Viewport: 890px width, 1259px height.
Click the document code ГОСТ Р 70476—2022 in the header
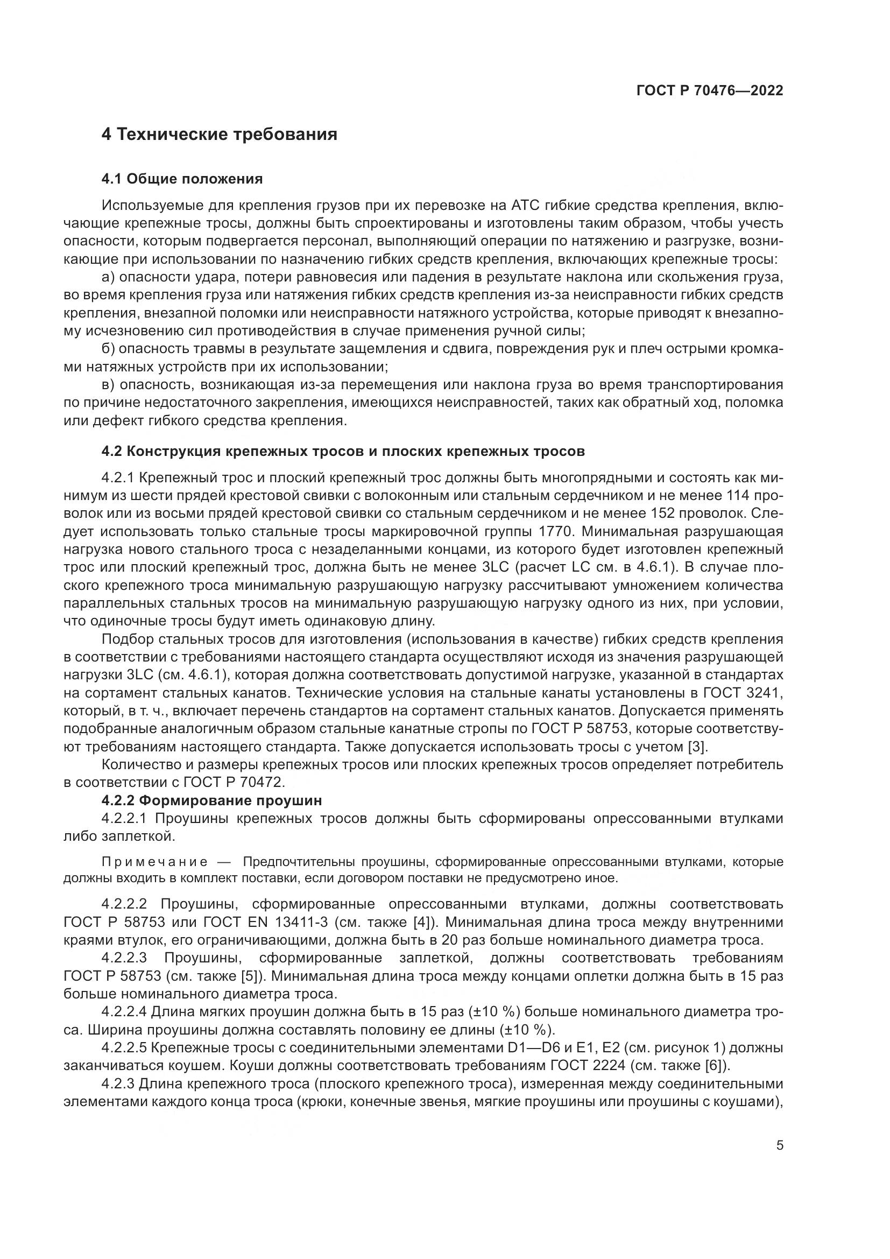710,90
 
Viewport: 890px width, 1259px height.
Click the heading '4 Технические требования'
219,134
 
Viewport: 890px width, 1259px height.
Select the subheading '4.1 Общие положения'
182,179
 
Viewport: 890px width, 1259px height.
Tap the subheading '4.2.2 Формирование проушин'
211,800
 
